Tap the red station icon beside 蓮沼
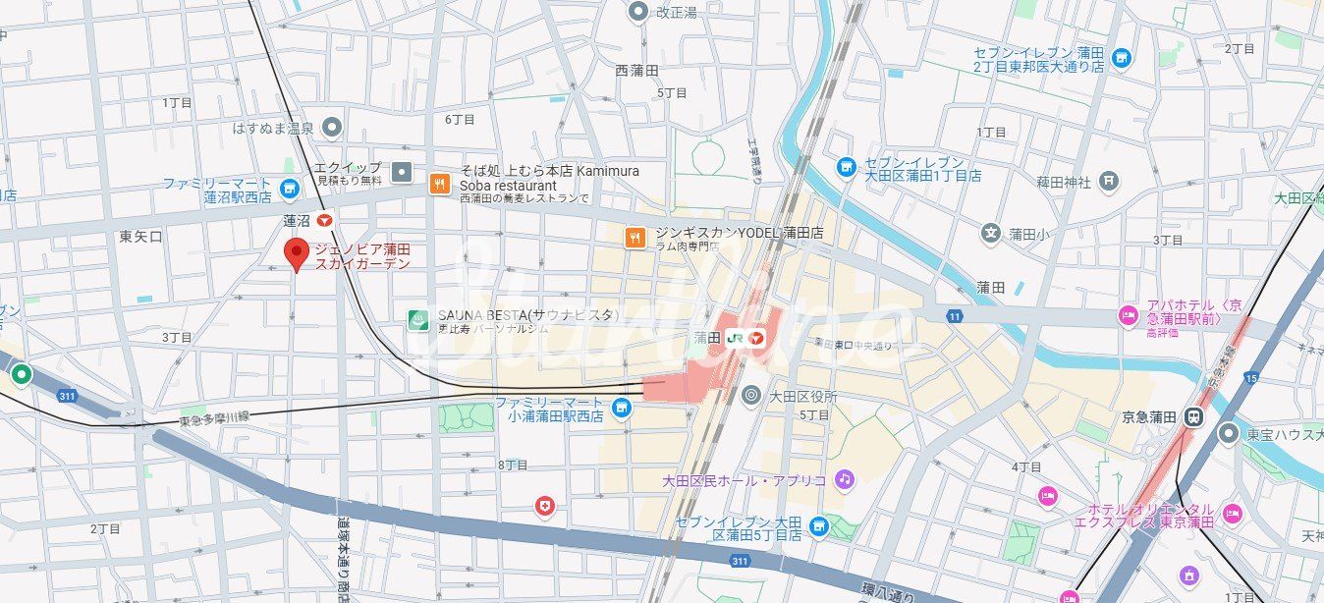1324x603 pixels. (324, 222)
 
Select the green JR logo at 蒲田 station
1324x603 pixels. (735, 338)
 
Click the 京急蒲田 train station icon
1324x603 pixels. (1192, 415)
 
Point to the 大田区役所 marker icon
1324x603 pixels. (751, 396)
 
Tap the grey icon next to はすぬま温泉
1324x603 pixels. (333, 127)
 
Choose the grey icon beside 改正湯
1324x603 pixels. (638, 12)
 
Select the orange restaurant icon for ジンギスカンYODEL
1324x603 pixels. (635, 236)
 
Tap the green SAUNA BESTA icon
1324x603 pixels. (418, 318)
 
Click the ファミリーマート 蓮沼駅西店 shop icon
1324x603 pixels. (289, 188)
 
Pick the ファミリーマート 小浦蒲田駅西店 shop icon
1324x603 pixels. (621, 408)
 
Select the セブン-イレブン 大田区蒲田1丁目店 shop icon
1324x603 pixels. (846, 168)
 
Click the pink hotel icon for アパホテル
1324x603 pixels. (1129, 316)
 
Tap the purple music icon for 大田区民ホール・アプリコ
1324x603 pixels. (844, 479)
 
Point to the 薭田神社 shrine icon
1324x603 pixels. (1109, 180)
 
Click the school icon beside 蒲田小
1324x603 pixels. (991, 234)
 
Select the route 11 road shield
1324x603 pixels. (954, 315)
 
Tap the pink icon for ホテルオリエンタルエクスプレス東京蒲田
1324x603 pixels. (1232, 514)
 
